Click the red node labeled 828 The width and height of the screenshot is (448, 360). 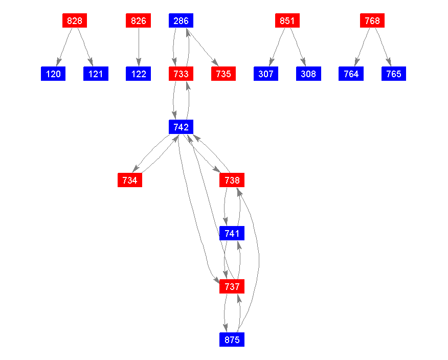click(x=75, y=20)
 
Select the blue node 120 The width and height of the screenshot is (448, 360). click(x=53, y=74)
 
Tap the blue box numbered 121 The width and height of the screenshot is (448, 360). click(x=96, y=74)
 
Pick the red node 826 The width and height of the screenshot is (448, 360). click(x=138, y=20)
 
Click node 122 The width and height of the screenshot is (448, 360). click(x=138, y=74)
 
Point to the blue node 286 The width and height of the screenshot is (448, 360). click(x=181, y=20)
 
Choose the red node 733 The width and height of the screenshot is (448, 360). click(x=181, y=74)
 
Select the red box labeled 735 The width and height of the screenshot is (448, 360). click(x=223, y=74)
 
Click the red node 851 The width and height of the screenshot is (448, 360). click(x=287, y=20)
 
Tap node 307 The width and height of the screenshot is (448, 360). click(x=266, y=74)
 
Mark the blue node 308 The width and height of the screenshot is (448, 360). click(x=308, y=74)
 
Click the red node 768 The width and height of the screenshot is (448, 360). click(x=372, y=20)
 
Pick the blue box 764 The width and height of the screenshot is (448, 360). click(x=351, y=74)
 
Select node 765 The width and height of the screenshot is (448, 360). click(x=394, y=74)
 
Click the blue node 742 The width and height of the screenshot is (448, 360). click(x=181, y=127)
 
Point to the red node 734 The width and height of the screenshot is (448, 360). click(x=130, y=180)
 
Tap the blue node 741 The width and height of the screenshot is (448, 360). click(x=232, y=233)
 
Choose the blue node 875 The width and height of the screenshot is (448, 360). click(x=232, y=340)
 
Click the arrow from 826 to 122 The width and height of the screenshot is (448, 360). click(x=139, y=47)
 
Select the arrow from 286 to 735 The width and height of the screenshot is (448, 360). click(x=203, y=47)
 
